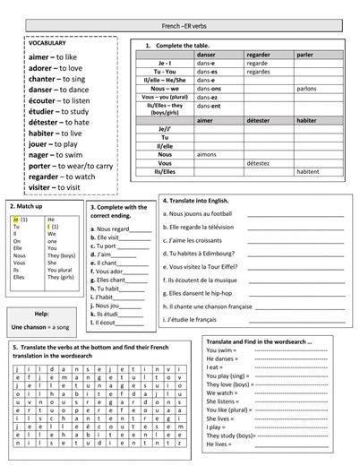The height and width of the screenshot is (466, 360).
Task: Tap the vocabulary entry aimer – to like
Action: pos(53,56)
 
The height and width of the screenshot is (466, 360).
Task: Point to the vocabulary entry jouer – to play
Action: pos(53,143)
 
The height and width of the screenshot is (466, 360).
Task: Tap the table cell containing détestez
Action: pos(257,163)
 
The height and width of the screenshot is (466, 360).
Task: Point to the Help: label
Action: pos(41,314)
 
